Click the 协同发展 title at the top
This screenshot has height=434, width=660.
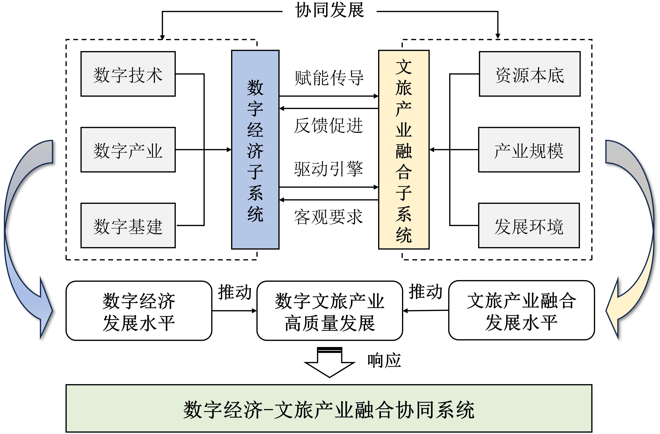pos(329,11)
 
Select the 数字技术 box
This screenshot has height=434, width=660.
pos(128,74)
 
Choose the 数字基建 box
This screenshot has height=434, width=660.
pos(128,225)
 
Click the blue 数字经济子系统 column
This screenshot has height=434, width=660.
pos(255,150)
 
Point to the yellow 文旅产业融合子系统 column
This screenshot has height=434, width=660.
pos(404,150)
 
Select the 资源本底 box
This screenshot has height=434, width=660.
pos(530,74)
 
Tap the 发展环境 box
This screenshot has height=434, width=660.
pos(529,225)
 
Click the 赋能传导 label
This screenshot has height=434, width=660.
pos(329,78)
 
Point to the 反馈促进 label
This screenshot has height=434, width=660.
pos(328,126)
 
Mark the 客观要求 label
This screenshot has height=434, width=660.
pos(328,217)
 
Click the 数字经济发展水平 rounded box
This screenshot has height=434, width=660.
pos(139,311)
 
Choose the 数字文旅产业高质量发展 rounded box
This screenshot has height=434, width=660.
pos(329,311)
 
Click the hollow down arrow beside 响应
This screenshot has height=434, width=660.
pos(329,363)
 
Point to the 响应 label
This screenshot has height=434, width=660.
pos(384,361)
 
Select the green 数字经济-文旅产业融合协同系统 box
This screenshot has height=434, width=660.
pos(329,409)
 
